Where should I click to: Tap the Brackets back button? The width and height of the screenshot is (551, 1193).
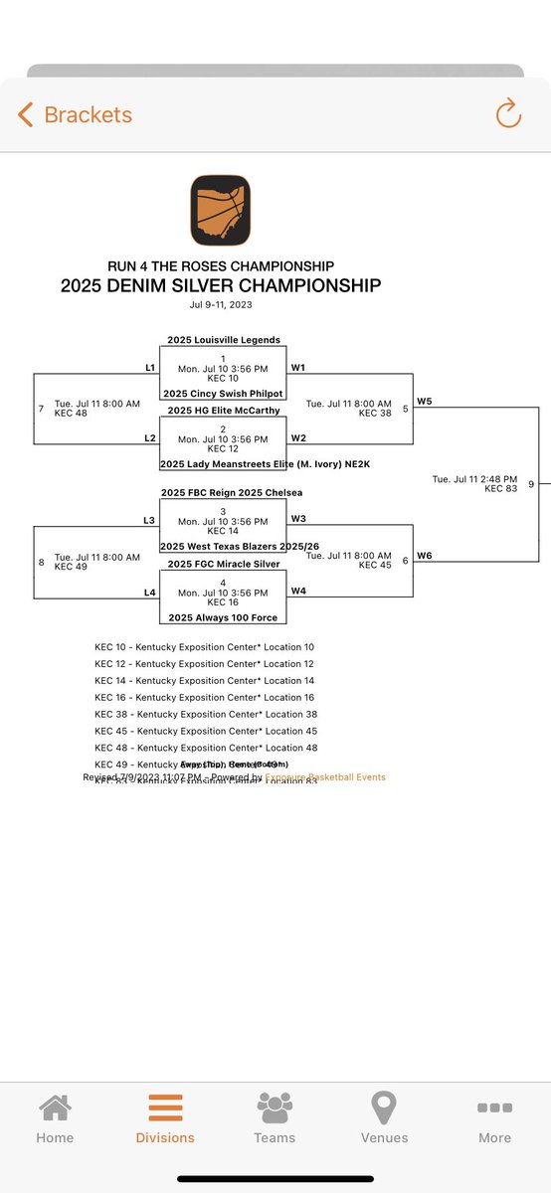(75, 115)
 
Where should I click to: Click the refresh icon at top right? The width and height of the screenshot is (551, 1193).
(508, 114)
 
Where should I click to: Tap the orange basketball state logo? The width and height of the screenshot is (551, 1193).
(220, 210)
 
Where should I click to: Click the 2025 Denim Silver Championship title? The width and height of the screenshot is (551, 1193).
(220, 285)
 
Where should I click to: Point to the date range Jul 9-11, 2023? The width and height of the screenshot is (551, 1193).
(220, 304)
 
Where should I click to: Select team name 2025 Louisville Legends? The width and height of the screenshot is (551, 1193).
(223, 340)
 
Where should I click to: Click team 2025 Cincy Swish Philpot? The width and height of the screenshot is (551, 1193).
(223, 394)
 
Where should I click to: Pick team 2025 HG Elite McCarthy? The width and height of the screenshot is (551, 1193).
(223, 410)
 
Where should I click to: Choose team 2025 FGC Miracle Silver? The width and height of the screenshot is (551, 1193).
(223, 564)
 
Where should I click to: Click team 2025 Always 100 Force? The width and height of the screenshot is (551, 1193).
(223, 617)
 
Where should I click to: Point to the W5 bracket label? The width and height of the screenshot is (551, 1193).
(424, 402)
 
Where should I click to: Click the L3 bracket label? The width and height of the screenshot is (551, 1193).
(149, 520)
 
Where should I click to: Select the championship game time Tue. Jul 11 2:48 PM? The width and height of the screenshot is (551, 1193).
(474, 478)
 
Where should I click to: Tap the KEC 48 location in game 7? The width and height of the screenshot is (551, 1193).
(71, 414)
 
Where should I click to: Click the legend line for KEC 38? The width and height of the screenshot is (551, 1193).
(205, 715)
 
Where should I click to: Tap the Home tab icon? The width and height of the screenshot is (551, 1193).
(55, 1108)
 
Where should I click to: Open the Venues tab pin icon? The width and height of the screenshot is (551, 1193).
(384, 1108)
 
